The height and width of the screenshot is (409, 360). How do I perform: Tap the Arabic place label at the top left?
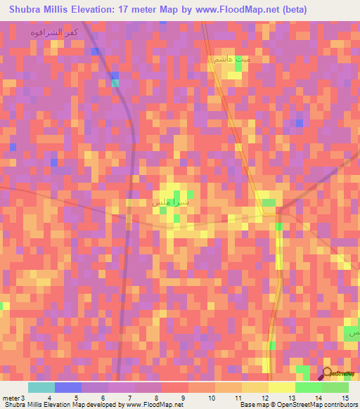pyautogui.click(x=54, y=32)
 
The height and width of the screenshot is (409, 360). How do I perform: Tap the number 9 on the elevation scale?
pyautogui.click(x=182, y=398)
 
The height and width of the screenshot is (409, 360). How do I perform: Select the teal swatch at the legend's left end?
pyautogui.click(x=41, y=387)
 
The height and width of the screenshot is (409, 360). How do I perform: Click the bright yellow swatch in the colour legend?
pyautogui.click(x=281, y=387)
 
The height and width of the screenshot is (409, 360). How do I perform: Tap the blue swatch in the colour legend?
pyautogui.click(x=68, y=387)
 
